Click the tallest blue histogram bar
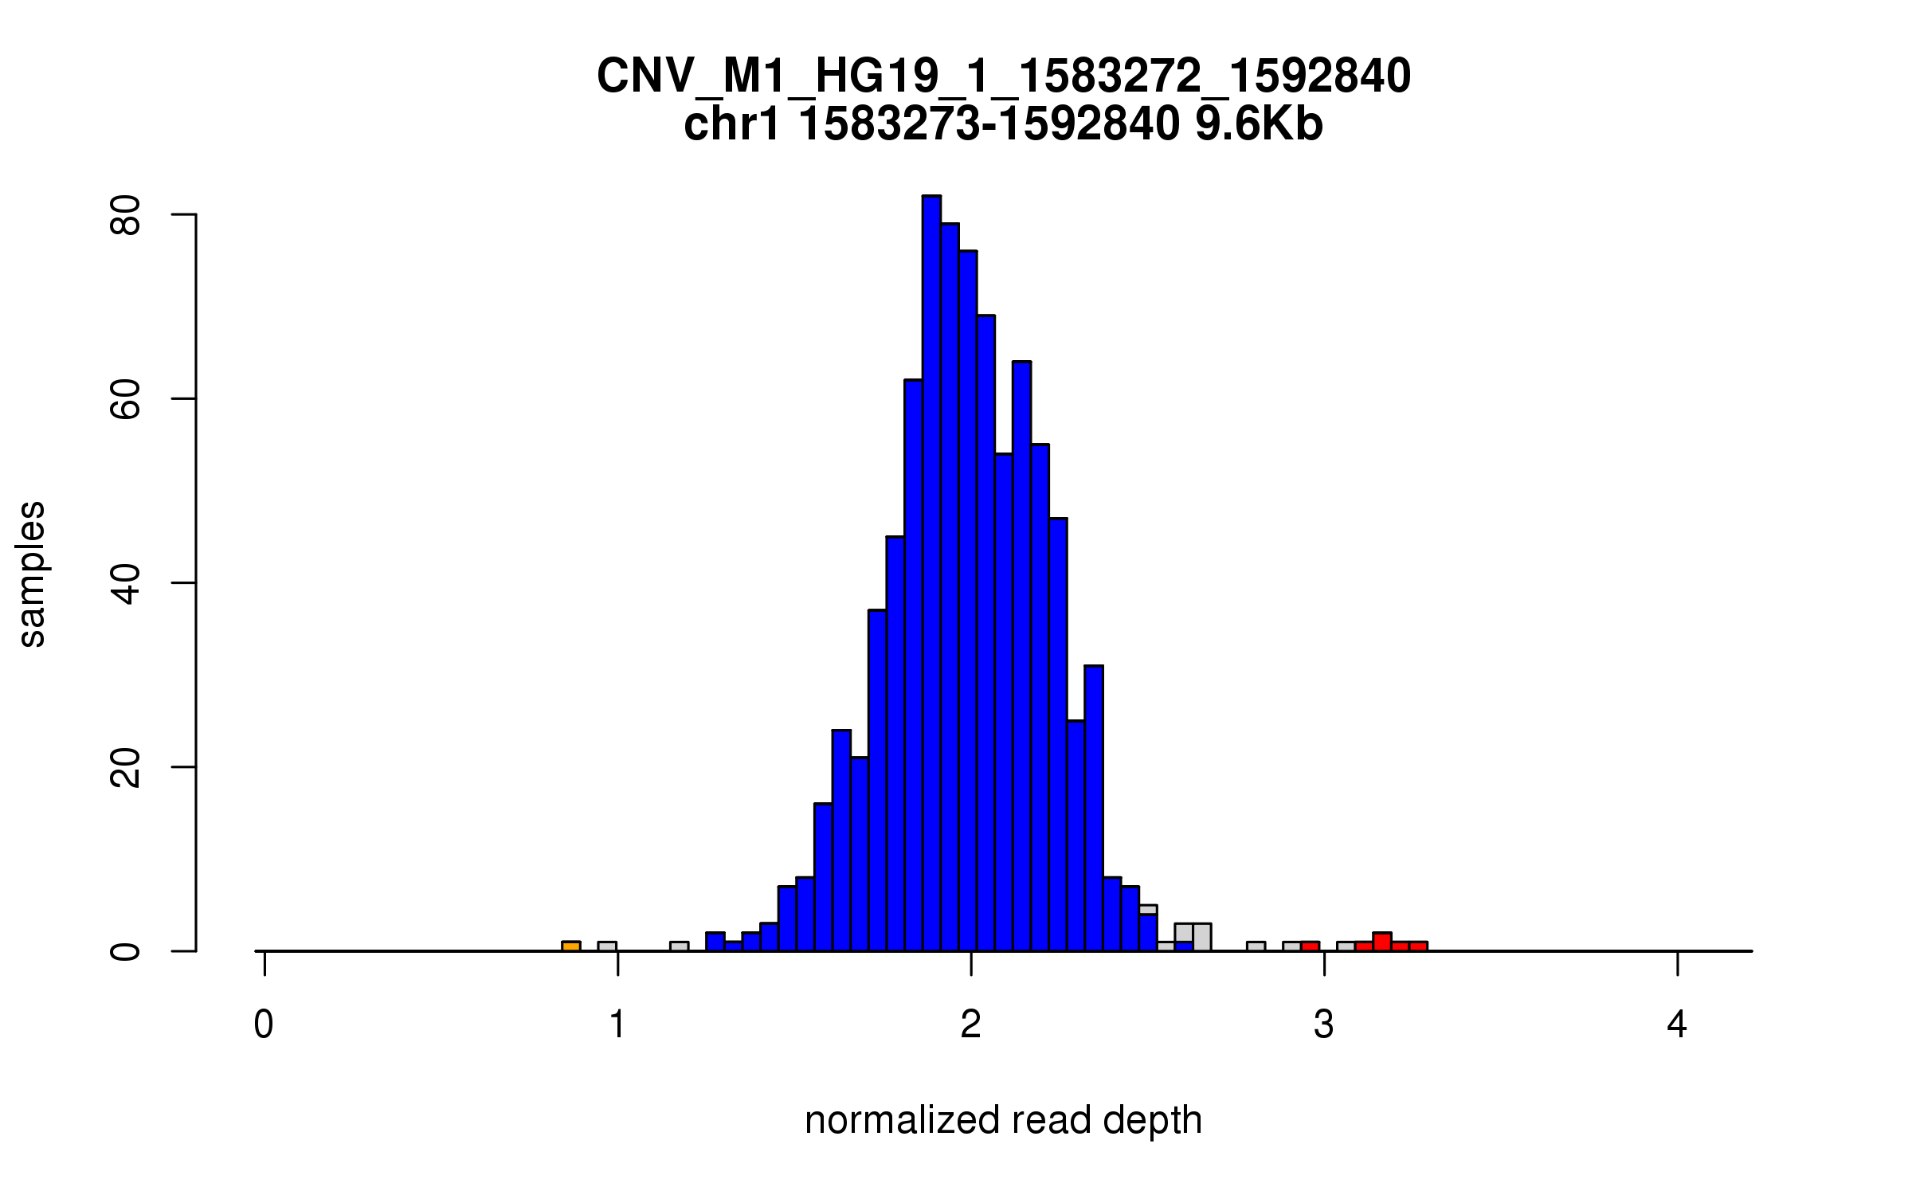click(x=931, y=574)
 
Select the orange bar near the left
click(x=570, y=946)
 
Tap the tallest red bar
click(x=1382, y=942)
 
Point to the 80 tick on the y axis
click(x=184, y=214)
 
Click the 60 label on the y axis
click(x=126, y=398)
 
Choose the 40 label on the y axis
click(x=126, y=582)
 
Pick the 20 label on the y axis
click(x=126, y=766)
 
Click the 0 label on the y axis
click(x=126, y=950)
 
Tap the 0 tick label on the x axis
click(x=264, y=1025)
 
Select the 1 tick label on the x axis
click(x=617, y=1025)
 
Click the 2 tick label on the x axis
click(x=970, y=1025)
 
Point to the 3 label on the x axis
click(x=1324, y=1025)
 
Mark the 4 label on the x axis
click(x=1677, y=1025)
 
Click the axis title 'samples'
click(x=32, y=574)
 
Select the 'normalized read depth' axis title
click(x=1003, y=1119)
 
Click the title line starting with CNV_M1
click(x=1003, y=76)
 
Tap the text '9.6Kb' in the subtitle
click(x=1259, y=124)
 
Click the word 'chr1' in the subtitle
click(x=731, y=124)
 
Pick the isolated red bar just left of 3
click(x=1311, y=946)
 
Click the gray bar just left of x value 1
click(x=607, y=946)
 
